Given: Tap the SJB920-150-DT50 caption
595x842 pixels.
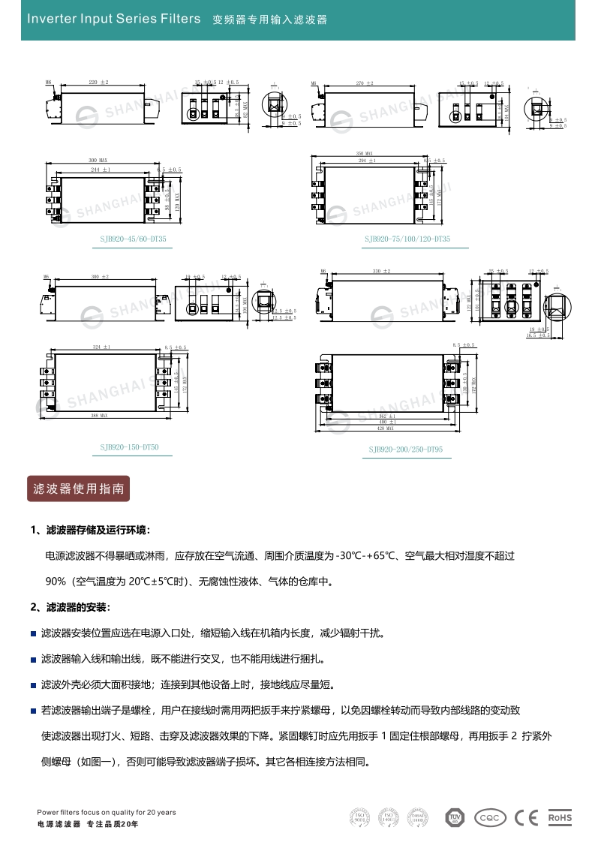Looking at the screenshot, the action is (x=130, y=447).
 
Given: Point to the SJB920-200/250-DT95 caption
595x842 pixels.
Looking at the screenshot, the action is (x=406, y=450).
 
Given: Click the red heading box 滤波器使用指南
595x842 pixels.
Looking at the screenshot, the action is (x=78, y=489).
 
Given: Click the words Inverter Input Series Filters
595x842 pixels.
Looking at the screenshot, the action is (x=113, y=19).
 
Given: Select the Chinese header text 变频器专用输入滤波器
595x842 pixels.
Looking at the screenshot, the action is (x=270, y=20).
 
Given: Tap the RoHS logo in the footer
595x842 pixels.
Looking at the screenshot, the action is (x=560, y=817).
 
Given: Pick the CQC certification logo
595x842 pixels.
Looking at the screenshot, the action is (x=491, y=817).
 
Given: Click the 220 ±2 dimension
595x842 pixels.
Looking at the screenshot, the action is (x=99, y=80).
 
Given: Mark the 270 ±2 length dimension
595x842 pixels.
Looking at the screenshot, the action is (x=365, y=80).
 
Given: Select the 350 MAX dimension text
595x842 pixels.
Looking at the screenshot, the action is (x=365, y=153).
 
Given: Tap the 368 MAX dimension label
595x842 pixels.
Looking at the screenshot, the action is (x=100, y=414).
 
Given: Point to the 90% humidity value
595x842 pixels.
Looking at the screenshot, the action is (x=56, y=581).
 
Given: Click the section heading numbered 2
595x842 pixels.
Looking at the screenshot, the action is (x=71, y=606).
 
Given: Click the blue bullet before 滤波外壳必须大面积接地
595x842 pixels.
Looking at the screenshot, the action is (x=33, y=685).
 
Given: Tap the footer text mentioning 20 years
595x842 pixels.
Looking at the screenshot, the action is (x=107, y=812).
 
